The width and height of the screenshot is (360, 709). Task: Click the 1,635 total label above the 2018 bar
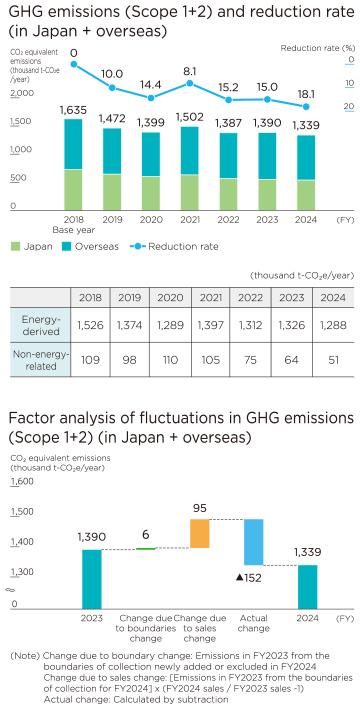point(73,109)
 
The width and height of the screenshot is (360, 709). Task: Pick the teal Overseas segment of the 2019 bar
point(110,150)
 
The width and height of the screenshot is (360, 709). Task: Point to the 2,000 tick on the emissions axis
point(21,92)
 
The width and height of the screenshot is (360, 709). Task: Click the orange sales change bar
point(199,533)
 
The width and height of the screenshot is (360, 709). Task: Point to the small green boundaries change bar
point(146,548)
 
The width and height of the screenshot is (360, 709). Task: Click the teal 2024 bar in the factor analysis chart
point(307,586)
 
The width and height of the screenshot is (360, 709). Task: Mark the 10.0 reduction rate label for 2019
point(111,74)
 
